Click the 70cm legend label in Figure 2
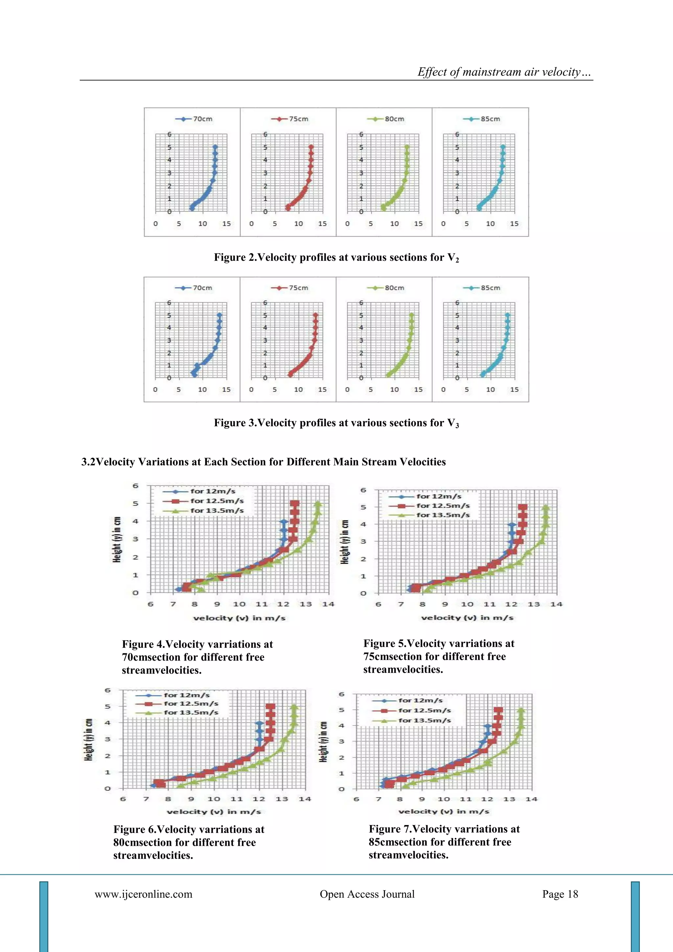(x=203, y=119)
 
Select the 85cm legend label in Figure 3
(x=490, y=288)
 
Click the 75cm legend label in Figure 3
(x=298, y=288)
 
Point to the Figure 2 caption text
(x=336, y=257)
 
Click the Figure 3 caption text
(x=336, y=423)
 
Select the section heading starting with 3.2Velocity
(x=263, y=462)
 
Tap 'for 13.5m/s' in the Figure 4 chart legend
(x=217, y=510)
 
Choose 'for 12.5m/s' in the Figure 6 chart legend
(x=191, y=704)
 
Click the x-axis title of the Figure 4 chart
(x=239, y=618)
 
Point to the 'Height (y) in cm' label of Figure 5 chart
(x=344, y=542)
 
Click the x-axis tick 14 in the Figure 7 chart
(x=531, y=799)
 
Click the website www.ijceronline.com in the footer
(x=143, y=894)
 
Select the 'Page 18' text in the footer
(x=560, y=894)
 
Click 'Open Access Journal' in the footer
(x=367, y=894)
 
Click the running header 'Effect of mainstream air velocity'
(x=504, y=72)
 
